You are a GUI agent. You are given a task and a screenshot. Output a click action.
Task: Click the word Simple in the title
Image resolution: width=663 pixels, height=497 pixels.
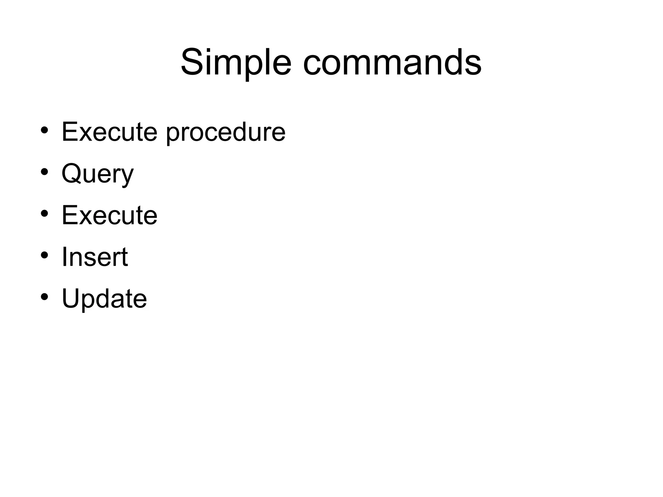[236, 62]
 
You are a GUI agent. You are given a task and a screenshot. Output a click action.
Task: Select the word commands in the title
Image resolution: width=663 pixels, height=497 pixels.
[392, 62]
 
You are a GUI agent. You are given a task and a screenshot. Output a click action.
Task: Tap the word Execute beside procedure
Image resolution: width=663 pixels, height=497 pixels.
[109, 132]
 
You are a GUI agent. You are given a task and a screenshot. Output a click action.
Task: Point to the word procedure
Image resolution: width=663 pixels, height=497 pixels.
[226, 133]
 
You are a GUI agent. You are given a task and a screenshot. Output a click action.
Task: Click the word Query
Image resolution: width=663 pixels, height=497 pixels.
[97, 174]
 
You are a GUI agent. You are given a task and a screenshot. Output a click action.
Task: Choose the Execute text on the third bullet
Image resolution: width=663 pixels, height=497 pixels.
[109, 215]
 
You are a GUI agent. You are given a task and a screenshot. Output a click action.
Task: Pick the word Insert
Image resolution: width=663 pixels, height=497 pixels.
[95, 257]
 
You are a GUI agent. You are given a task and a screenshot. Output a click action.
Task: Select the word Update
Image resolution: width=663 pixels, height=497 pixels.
[104, 299]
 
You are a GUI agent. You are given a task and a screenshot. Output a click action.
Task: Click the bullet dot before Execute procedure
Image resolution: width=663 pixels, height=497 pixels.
[45, 130]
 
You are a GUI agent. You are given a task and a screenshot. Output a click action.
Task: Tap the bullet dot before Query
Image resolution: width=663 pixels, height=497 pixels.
[45, 172]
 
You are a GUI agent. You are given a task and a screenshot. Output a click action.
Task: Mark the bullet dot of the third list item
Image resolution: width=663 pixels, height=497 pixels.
[45, 214]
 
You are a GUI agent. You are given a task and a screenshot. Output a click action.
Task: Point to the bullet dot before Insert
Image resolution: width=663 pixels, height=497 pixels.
[45, 255]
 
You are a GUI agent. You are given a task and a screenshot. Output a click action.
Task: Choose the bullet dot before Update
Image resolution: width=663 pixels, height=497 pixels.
[45, 297]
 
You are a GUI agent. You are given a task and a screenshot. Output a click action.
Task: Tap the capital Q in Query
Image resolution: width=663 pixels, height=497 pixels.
[71, 174]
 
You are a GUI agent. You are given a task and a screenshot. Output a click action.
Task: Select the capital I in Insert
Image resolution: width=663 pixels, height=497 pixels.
[64, 257]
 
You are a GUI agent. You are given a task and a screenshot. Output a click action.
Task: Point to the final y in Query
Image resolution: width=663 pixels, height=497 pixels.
[127, 176]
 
